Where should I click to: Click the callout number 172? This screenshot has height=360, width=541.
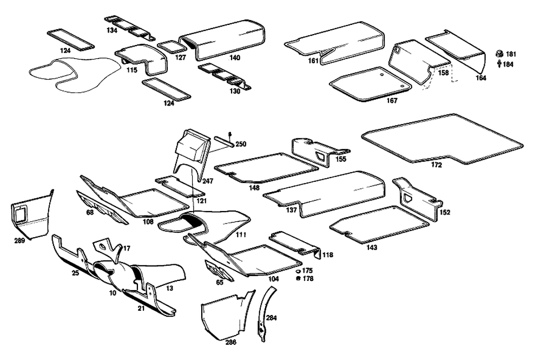click(437, 165)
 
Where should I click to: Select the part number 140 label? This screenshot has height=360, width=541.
click(235, 57)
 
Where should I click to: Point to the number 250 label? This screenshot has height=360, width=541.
click(241, 144)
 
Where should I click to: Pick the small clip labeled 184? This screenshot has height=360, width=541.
click(498, 64)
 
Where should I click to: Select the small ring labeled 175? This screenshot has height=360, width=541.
click(298, 270)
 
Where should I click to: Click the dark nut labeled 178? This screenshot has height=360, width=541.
click(298, 278)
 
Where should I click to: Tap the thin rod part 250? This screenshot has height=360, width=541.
click(224, 142)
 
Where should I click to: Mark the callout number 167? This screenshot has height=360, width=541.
click(392, 101)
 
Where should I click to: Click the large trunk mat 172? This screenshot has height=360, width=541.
click(444, 138)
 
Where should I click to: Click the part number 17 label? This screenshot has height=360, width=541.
click(127, 248)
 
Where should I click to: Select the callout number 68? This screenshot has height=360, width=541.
click(89, 212)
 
